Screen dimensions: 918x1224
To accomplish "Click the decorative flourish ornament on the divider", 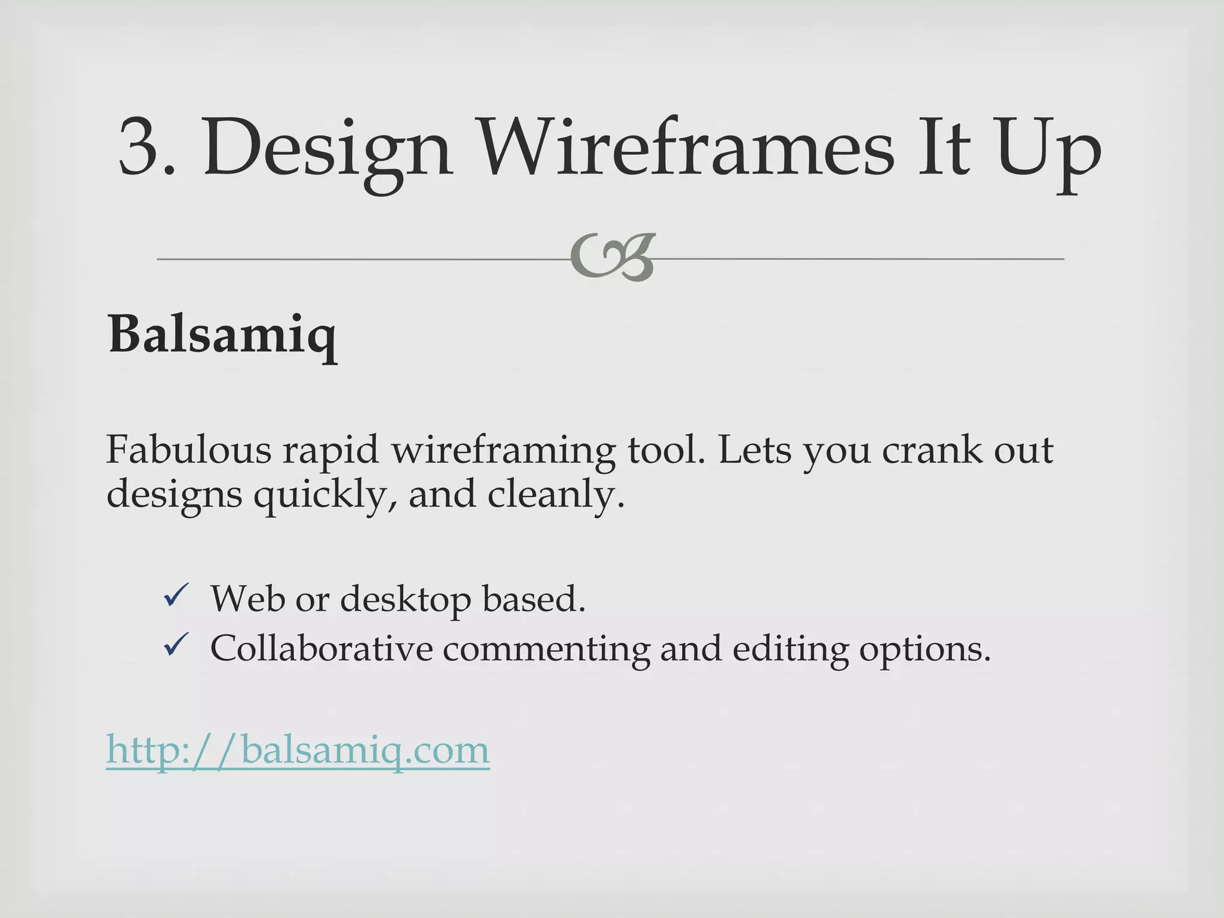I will [613, 258].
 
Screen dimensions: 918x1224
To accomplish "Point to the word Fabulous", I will [188, 449].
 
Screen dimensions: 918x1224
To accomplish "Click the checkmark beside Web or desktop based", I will [176, 596].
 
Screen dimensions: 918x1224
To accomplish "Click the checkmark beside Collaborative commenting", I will [176, 645].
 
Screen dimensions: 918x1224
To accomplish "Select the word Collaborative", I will [321, 648].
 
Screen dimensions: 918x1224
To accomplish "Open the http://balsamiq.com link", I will [298, 749].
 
